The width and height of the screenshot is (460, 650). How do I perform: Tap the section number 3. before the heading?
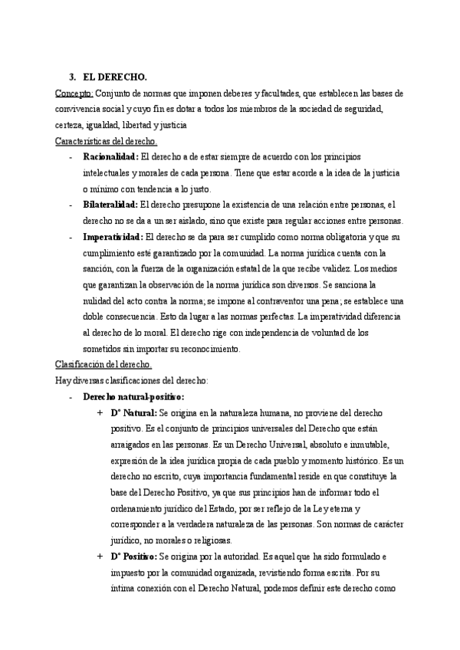tap(72, 77)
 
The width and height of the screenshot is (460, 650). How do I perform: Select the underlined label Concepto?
tap(74, 93)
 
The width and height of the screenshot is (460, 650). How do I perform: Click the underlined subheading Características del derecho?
tap(106, 141)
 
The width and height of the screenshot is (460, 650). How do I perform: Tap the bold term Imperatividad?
tap(112, 237)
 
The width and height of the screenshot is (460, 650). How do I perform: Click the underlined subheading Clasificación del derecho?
tap(103, 364)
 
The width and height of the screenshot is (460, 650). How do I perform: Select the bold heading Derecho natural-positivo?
tap(133, 396)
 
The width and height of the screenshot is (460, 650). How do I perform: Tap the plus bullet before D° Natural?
tap(100, 413)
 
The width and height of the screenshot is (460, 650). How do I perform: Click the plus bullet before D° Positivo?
tap(100, 556)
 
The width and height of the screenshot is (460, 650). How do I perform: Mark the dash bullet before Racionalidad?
tap(71, 157)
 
